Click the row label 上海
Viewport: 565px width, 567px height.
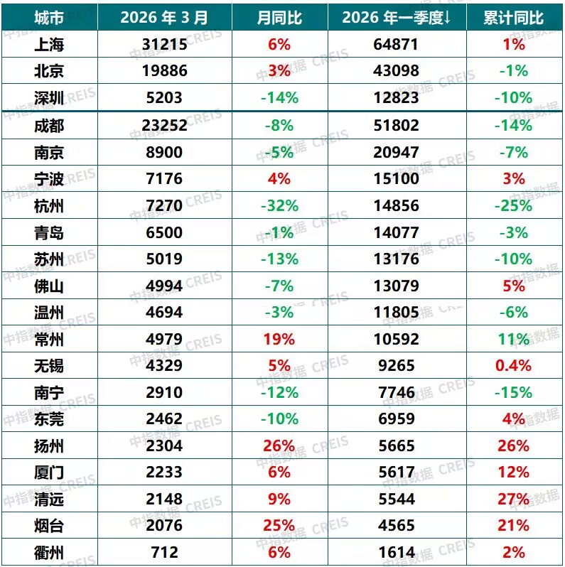click(x=49, y=44)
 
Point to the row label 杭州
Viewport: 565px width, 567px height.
click(x=49, y=206)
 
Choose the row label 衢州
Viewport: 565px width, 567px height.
click(x=49, y=552)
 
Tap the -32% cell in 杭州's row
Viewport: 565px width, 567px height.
click(x=279, y=206)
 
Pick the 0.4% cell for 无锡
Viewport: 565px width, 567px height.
click(x=513, y=365)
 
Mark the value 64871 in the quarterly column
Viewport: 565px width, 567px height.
click(x=395, y=44)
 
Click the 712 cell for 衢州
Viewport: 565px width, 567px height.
click(x=164, y=552)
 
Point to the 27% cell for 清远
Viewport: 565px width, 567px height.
click(x=513, y=499)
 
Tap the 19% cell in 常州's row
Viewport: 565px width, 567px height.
click(x=279, y=339)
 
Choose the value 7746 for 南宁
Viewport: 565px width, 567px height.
click(x=395, y=392)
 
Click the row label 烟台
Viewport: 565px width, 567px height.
click(x=49, y=526)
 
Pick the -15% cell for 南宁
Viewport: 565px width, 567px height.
click(x=513, y=392)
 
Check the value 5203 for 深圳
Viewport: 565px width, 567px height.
click(x=164, y=98)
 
